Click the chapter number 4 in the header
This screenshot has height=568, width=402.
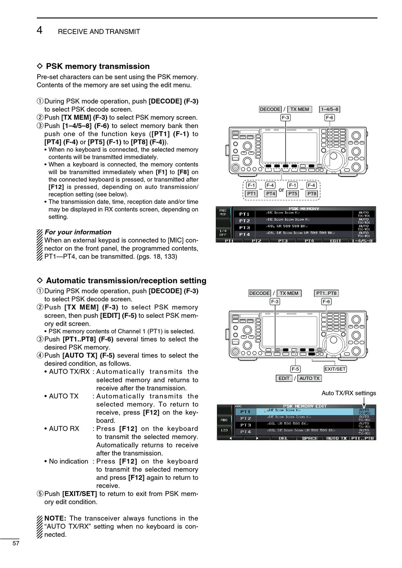point(39,30)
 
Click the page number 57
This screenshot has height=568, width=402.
point(16,543)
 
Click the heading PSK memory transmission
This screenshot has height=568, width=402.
point(97,66)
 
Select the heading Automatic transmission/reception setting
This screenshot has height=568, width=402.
point(126,281)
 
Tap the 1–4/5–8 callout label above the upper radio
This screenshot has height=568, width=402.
point(329,109)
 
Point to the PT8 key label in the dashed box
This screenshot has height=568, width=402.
point(312,194)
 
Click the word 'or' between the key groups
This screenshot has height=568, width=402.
point(281,190)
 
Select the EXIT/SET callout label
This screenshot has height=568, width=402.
point(335,369)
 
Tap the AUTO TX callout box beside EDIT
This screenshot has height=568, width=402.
point(309,378)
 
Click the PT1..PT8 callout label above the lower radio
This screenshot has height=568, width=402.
point(326,293)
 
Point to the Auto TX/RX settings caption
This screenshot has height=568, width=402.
point(349,393)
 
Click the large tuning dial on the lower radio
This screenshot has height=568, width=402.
point(335,341)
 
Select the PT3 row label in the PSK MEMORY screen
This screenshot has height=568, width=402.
point(245,227)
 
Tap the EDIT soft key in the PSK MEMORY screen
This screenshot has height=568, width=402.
point(336,241)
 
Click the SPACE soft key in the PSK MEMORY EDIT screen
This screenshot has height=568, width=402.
point(309,438)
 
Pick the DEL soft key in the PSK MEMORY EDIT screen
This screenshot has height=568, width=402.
point(283,438)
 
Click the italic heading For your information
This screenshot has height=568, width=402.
point(78,232)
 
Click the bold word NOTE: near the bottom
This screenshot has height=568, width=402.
point(55,518)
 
